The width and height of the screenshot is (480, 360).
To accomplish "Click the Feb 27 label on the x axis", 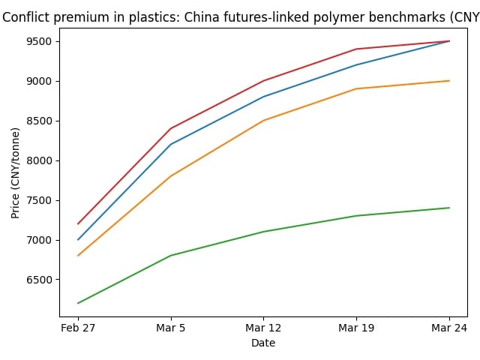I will pyautogui.click(x=78, y=328).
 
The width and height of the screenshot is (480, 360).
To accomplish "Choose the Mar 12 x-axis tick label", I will pyautogui.click(x=263, y=328).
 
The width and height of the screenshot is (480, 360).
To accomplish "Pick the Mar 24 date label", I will pyautogui.click(x=449, y=328).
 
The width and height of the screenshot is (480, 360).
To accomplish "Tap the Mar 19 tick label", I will pyautogui.click(x=356, y=328).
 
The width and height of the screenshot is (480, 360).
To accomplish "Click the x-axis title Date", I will pyautogui.click(x=263, y=343).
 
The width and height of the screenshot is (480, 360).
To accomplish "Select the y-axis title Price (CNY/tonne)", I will pyautogui.click(x=16, y=173).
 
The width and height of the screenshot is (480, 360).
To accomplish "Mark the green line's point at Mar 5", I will pyautogui.click(x=171, y=256).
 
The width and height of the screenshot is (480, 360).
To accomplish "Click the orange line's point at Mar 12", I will pyautogui.click(x=263, y=120).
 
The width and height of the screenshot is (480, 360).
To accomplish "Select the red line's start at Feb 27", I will pyautogui.click(x=78, y=223).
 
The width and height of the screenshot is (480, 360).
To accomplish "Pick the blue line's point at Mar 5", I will pyautogui.click(x=171, y=144).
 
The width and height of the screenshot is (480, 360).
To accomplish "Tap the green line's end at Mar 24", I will pyautogui.click(x=449, y=208).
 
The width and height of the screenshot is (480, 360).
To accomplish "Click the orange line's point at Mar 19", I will pyautogui.click(x=356, y=88).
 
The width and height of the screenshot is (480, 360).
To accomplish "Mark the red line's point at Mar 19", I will pyautogui.click(x=356, y=49).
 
